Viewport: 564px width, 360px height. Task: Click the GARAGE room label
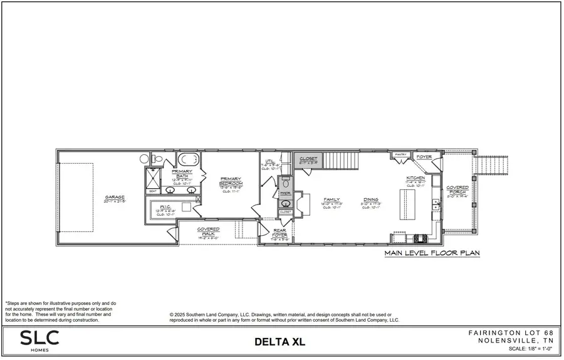coord(115,198)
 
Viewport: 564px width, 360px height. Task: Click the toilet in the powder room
coord(285,184)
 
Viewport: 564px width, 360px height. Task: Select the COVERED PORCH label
coord(457,190)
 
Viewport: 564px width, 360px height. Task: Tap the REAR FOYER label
coord(279,233)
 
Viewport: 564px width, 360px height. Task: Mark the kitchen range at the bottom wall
coord(420,238)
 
